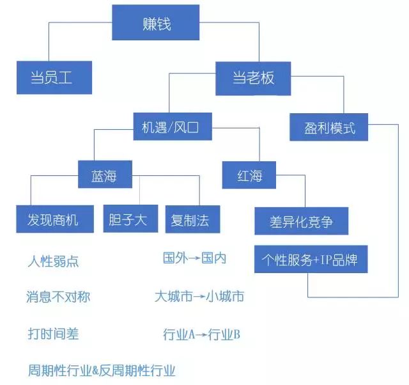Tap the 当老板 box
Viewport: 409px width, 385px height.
point(253,78)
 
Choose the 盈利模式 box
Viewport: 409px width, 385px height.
point(330,128)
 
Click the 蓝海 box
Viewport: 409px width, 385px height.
point(105,173)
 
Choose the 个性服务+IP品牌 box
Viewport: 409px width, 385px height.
point(310,260)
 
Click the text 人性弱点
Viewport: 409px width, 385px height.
point(54,262)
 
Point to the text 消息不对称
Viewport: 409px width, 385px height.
point(58,297)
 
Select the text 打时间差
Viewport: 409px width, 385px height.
point(54,333)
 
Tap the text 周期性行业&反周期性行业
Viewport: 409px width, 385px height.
point(102,370)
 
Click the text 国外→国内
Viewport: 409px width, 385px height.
point(195,259)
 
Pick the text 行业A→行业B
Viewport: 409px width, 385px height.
point(201,334)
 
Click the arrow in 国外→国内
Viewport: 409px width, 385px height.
point(195,259)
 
